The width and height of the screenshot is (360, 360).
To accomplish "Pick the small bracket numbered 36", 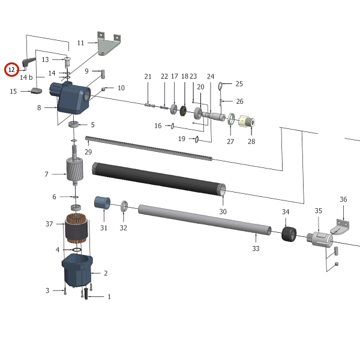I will (x=341, y=229).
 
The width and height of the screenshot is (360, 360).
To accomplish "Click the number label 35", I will (x=319, y=211).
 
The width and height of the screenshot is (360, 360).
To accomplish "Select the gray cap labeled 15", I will (x=36, y=91).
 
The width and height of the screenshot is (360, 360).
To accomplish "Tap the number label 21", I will (x=148, y=76).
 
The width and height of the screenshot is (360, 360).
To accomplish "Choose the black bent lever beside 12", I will (x=29, y=61).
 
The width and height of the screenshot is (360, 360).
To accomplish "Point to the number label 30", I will (x=223, y=211).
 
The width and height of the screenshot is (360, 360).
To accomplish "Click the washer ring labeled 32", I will (x=124, y=208).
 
